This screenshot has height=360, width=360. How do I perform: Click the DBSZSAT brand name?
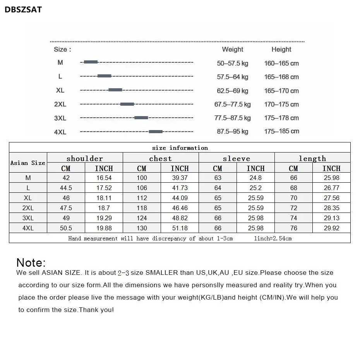tap(23, 10)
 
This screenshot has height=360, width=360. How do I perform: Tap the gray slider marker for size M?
tap(91, 62)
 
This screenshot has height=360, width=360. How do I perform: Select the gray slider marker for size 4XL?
tap(156, 132)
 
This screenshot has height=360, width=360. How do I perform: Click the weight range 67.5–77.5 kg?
tap(232, 105)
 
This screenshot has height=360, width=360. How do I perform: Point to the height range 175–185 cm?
tap(281, 131)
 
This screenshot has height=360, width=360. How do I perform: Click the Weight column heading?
tap(232, 50)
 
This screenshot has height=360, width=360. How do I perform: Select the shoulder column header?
tap(85, 158)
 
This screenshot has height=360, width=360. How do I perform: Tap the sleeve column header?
tap(236, 158)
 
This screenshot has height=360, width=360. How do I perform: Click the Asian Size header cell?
tap(28, 163)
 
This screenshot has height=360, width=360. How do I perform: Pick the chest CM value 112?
tap(142, 198)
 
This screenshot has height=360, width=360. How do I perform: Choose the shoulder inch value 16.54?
tap(104, 178)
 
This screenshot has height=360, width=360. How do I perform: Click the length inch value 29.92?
tap(331, 228)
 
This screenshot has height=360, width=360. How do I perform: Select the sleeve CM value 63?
tap(218, 178)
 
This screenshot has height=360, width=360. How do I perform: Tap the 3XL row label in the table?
tap(28, 218)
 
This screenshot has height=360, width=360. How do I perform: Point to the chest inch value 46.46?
tap(180, 208)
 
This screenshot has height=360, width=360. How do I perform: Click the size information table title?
tap(180, 148)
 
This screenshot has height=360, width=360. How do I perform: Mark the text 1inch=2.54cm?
tap(273, 238)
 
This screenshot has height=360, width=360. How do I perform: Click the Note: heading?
tap(31, 262)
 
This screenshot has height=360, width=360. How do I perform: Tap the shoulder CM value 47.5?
tap(66, 208)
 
